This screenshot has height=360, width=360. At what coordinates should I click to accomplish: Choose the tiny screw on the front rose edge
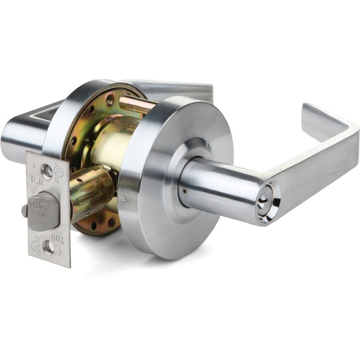123,198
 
